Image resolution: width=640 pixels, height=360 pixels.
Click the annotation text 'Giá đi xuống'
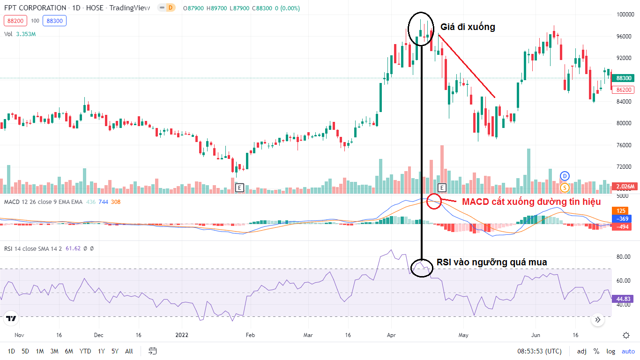click(x=468, y=27)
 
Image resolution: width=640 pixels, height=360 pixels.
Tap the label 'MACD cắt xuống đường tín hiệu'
click(x=531, y=202)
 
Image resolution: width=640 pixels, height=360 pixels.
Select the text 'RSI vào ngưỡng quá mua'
click(x=491, y=262)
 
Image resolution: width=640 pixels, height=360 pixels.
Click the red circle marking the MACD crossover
click(x=434, y=201)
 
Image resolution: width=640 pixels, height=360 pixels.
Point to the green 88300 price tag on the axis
click(x=624, y=78)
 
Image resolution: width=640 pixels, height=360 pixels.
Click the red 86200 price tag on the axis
click(x=624, y=90)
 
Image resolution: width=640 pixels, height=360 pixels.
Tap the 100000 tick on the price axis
click(x=625, y=15)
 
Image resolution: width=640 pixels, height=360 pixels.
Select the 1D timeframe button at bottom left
click(x=11, y=351)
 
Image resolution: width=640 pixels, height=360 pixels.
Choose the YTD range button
click(x=85, y=351)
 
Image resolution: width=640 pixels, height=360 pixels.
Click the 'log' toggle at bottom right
click(x=610, y=351)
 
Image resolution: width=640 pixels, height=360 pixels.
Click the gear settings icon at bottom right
click(x=626, y=335)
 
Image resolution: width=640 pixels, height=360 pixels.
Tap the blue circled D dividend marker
click(x=565, y=176)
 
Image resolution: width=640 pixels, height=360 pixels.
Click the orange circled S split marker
click(x=565, y=187)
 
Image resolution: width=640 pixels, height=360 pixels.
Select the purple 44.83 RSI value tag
click(x=624, y=299)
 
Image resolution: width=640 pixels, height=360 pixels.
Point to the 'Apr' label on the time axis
click(x=391, y=336)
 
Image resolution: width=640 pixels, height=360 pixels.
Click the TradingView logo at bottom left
click(x=11, y=319)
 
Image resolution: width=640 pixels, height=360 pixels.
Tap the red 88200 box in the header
click(x=15, y=21)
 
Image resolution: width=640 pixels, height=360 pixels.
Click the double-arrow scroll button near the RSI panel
click(x=598, y=320)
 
